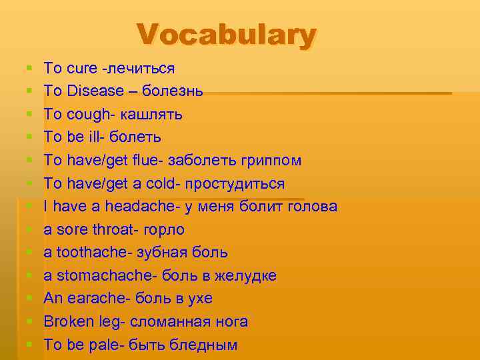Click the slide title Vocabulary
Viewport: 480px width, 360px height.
(226, 35)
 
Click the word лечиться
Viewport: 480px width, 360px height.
(142, 68)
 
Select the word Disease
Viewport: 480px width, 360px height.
(96, 91)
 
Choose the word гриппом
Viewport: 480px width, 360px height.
(270, 161)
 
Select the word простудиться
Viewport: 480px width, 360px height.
(237, 183)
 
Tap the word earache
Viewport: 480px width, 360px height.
(95, 299)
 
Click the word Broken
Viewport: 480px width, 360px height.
(70, 322)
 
